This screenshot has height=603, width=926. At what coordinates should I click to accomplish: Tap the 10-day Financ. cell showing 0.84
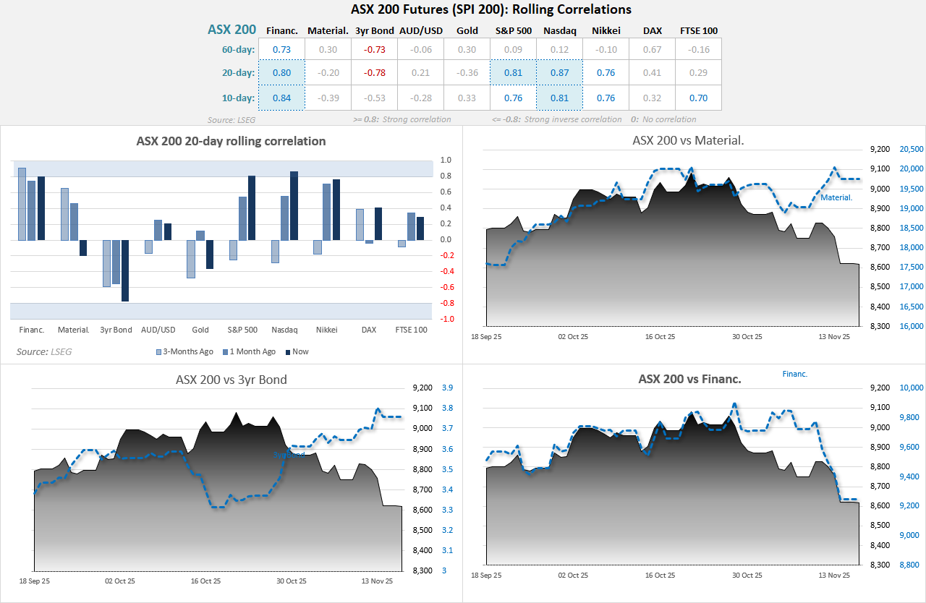click(281, 98)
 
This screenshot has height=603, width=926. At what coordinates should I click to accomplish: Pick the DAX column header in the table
click(652, 30)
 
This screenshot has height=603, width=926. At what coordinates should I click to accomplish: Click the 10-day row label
click(239, 98)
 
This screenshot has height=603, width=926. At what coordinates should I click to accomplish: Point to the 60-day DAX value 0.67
click(652, 49)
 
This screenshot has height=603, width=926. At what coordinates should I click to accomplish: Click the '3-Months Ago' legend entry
click(184, 351)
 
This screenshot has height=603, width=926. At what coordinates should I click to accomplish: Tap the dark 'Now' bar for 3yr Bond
click(125, 270)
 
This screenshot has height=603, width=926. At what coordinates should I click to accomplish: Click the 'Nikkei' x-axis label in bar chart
click(326, 330)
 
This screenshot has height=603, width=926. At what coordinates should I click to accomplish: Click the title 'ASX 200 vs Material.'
click(688, 140)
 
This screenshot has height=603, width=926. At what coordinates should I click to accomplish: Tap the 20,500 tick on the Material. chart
click(911, 149)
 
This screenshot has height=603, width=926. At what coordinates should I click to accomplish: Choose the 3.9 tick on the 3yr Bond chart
click(447, 388)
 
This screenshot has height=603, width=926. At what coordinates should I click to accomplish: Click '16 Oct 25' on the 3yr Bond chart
click(205, 581)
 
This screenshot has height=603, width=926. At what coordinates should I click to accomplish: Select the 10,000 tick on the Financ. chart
click(909, 388)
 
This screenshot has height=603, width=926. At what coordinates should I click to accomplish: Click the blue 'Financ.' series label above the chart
click(794, 374)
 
